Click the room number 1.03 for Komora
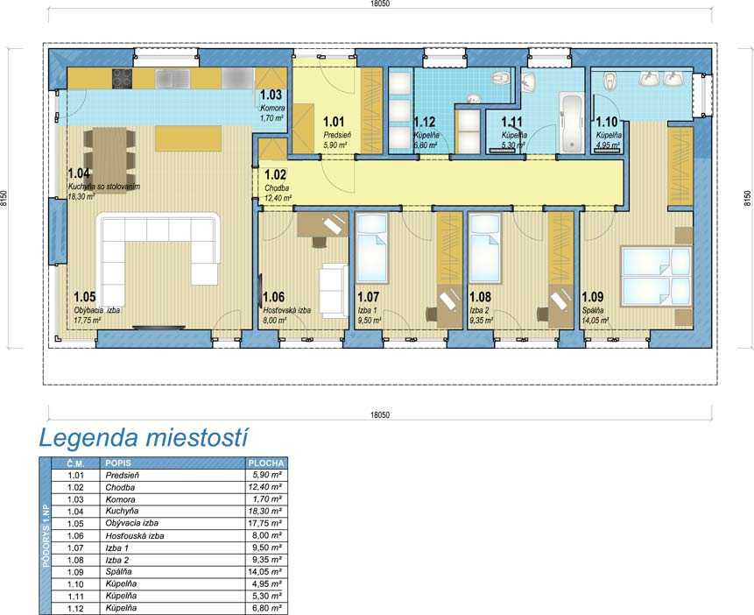(x=271, y=95)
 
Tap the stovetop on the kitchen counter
(x=122, y=79)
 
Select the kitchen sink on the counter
(x=173, y=79)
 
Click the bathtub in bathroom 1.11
(x=572, y=124)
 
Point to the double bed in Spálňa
(x=657, y=276)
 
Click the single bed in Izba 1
(x=371, y=248)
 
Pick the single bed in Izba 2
(x=485, y=248)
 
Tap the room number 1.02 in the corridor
(x=275, y=174)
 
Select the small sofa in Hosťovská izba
(x=335, y=291)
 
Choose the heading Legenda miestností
(x=144, y=437)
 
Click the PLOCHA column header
(x=266, y=463)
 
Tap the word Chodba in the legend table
(x=120, y=487)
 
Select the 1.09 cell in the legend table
(x=75, y=572)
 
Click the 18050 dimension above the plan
(x=380, y=4)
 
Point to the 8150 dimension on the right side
(x=747, y=198)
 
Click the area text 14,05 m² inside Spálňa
(x=595, y=320)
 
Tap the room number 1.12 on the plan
(x=425, y=123)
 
